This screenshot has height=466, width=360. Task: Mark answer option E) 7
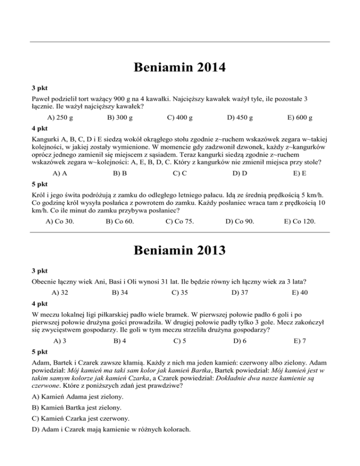point(300,341)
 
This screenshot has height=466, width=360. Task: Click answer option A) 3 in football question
point(60,341)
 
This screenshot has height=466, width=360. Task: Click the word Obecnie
point(45,283)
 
